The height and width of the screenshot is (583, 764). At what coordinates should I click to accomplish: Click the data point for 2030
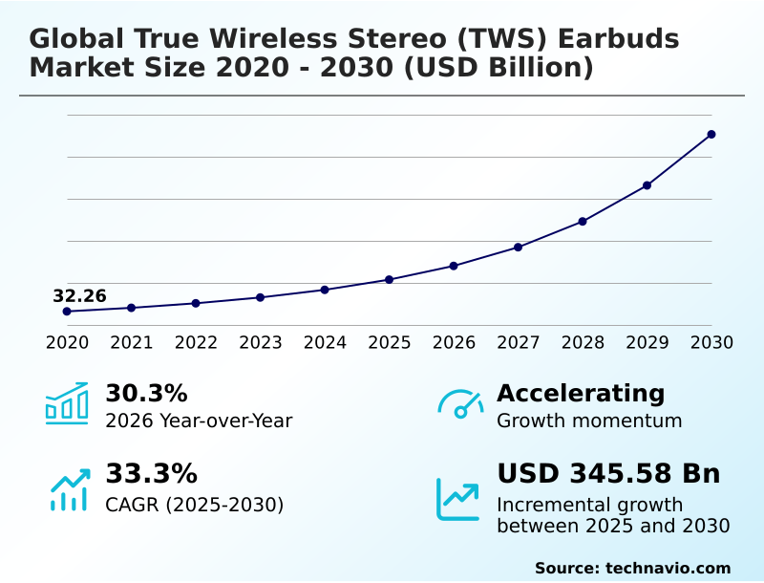[x=711, y=135]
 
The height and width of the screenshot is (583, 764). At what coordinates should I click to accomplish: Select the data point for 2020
[x=67, y=312]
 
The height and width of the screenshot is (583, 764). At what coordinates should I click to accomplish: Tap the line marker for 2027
[x=518, y=248]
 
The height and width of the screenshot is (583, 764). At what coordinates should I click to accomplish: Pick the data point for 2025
[x=389, y=279]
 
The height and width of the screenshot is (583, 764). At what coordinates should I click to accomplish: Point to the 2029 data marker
[x=647, y=185]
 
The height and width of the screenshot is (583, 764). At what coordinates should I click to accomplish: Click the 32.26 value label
[x=79, y=295]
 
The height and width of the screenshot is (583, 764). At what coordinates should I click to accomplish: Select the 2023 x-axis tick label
[x=260, y=342]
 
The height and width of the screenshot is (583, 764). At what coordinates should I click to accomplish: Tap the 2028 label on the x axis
[x=583, y=342]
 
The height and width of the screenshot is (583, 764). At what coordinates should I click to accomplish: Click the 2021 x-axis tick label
[x=131, y=342]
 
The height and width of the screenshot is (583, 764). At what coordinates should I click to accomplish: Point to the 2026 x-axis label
[x=454, y=342]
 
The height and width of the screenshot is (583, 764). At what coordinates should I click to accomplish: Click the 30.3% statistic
[x=146, y=394]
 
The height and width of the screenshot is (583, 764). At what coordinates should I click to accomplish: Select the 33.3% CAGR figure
[x=151, y=474]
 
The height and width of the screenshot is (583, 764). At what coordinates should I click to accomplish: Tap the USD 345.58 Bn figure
[x=608, y=474]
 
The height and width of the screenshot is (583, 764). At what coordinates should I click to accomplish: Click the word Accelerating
[x=581, y=393]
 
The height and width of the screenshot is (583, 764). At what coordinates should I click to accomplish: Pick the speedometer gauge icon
[x=460, y=403]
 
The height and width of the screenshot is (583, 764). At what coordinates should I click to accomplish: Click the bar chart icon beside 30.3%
[x=67, y=403]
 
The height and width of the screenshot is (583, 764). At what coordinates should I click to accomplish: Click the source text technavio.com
[x=668, y=568]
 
